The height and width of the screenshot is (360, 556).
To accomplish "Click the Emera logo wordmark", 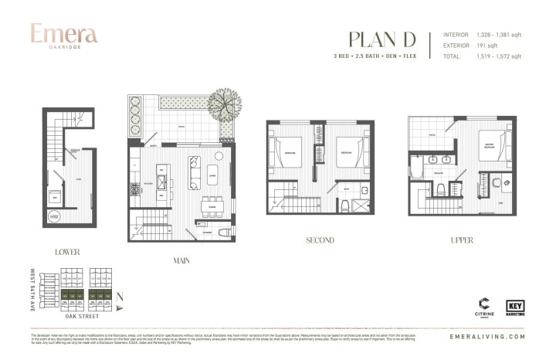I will coord(64,35).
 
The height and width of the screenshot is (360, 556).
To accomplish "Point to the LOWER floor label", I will coord(67,252).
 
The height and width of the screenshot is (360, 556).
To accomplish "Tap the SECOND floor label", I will coord(320,240).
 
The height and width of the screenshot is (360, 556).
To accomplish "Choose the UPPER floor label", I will coord(462,240).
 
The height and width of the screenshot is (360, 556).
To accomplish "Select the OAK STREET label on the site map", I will coord(81,316).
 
